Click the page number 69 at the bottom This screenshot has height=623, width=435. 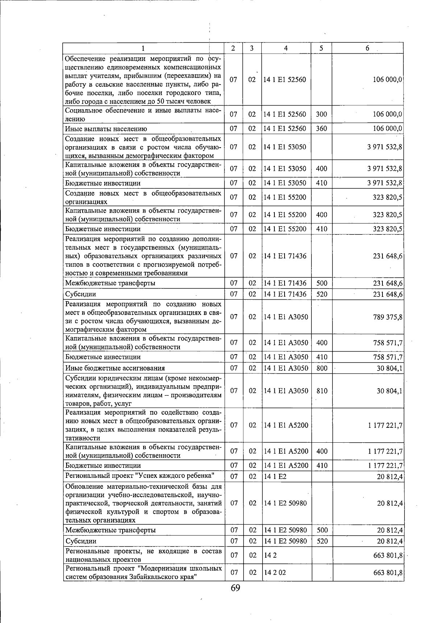coord(235,588)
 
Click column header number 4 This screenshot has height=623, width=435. coord(286,48)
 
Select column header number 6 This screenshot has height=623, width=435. coord(367,48)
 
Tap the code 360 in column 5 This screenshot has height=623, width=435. coord(321,129)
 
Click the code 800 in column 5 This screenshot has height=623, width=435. coord(322,368)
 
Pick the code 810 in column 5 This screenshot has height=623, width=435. coord(322,391)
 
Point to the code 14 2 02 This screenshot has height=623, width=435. coord(273,572)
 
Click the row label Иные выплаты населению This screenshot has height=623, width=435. coord(106,129)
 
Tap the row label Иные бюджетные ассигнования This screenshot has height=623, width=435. coord(115,368)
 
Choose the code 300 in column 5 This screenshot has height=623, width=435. coord(321,114)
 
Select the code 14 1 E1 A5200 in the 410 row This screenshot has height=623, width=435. coord(286,466)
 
